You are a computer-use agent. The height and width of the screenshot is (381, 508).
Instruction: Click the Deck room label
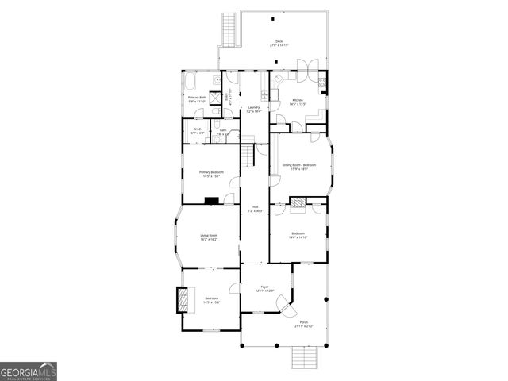pyautogui.click(x=279, y=44)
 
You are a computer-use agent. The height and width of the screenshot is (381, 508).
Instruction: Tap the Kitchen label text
pyautogui.click(x=298, y=101)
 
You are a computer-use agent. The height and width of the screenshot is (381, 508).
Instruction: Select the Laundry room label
pyautogui.click(x=254, y=110)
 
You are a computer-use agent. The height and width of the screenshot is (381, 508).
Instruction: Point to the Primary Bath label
pyautogui.click(x=197, y=99)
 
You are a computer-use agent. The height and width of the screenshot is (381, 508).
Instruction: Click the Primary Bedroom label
pyautogui.click(x=211, y=174)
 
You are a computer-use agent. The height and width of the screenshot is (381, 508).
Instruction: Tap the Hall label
pyautogui.click(x=254, y=210)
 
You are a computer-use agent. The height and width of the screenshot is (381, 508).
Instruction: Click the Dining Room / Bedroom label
pyautogui.click(x=299, y=167)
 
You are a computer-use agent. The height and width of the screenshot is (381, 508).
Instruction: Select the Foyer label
pyautogui.click(x=264, y=288)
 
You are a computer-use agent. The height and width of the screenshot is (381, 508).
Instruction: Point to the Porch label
pyautogui.click(x=304, y=325)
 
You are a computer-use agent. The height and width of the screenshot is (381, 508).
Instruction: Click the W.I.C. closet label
pyautogui.click(x=196, y=132)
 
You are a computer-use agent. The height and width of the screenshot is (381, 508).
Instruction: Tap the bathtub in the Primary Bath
pyautogui.click(x=194, y=82)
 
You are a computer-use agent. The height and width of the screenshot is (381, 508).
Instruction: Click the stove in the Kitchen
pyautogui.click(x=322, y=82)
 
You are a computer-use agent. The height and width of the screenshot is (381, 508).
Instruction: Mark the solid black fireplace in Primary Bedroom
pyautogui.click(x=212, y=200)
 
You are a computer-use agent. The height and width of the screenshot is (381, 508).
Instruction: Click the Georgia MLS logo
pyautogui.click(x=28, y=371)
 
